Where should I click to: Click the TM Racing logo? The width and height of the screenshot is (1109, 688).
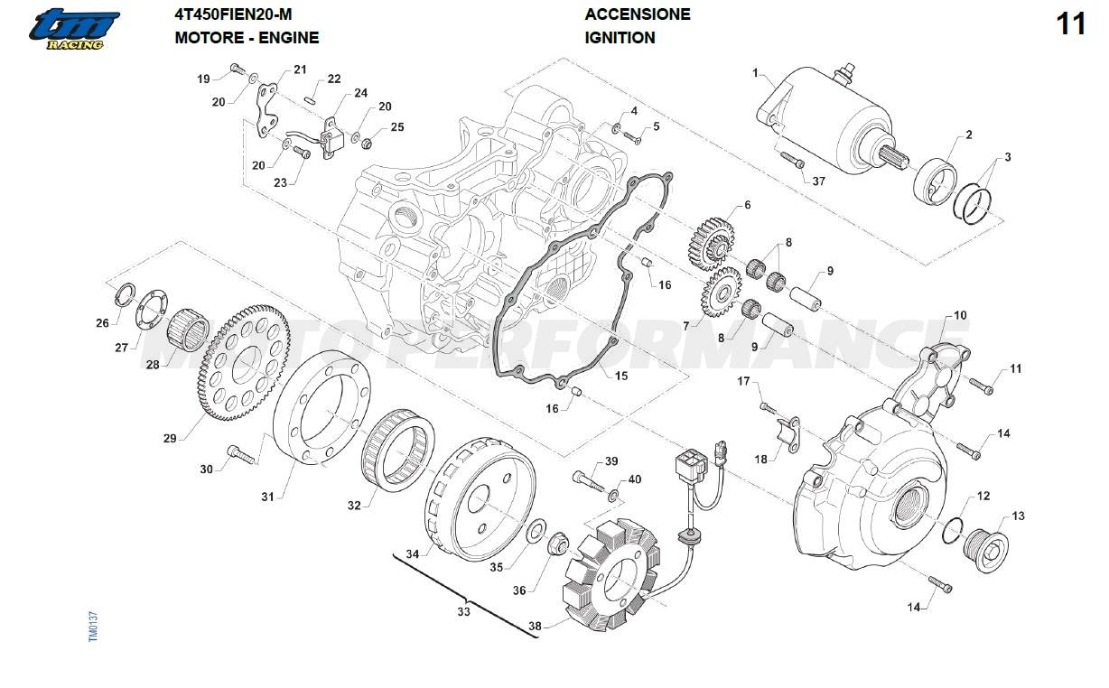click(70, 30)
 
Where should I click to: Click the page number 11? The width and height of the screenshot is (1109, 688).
click(1071, 24)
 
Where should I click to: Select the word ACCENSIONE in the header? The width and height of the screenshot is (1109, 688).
click(638, 14)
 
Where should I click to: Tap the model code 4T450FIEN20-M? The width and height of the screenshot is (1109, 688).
click(233, 14)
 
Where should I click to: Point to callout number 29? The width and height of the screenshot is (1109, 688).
click(169, 439)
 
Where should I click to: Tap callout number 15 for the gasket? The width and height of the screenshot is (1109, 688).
click(621, 376)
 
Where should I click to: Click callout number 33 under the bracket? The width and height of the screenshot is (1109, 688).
click(463, 612)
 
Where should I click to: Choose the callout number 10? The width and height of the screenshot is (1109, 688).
click(960, 315)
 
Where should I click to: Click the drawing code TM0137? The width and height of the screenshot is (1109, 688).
click(93, 627)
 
